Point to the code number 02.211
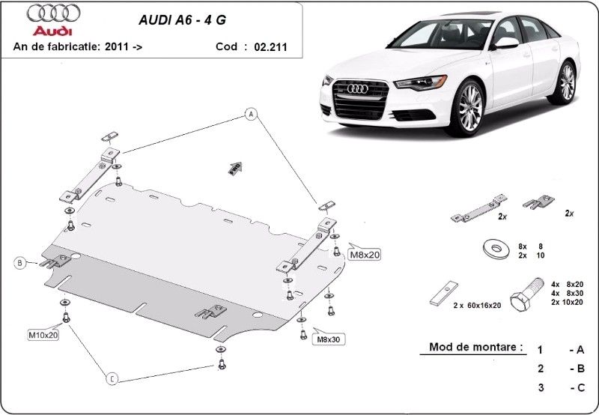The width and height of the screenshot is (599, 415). tap(271, 46)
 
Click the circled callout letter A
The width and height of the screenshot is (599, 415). tap(250, 114)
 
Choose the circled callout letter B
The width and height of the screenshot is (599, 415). tap(21, 262)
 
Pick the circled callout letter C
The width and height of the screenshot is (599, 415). tap(112, 379)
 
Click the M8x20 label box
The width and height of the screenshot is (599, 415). tap(365, 255)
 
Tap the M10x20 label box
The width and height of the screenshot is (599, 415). tap(43, 335)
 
